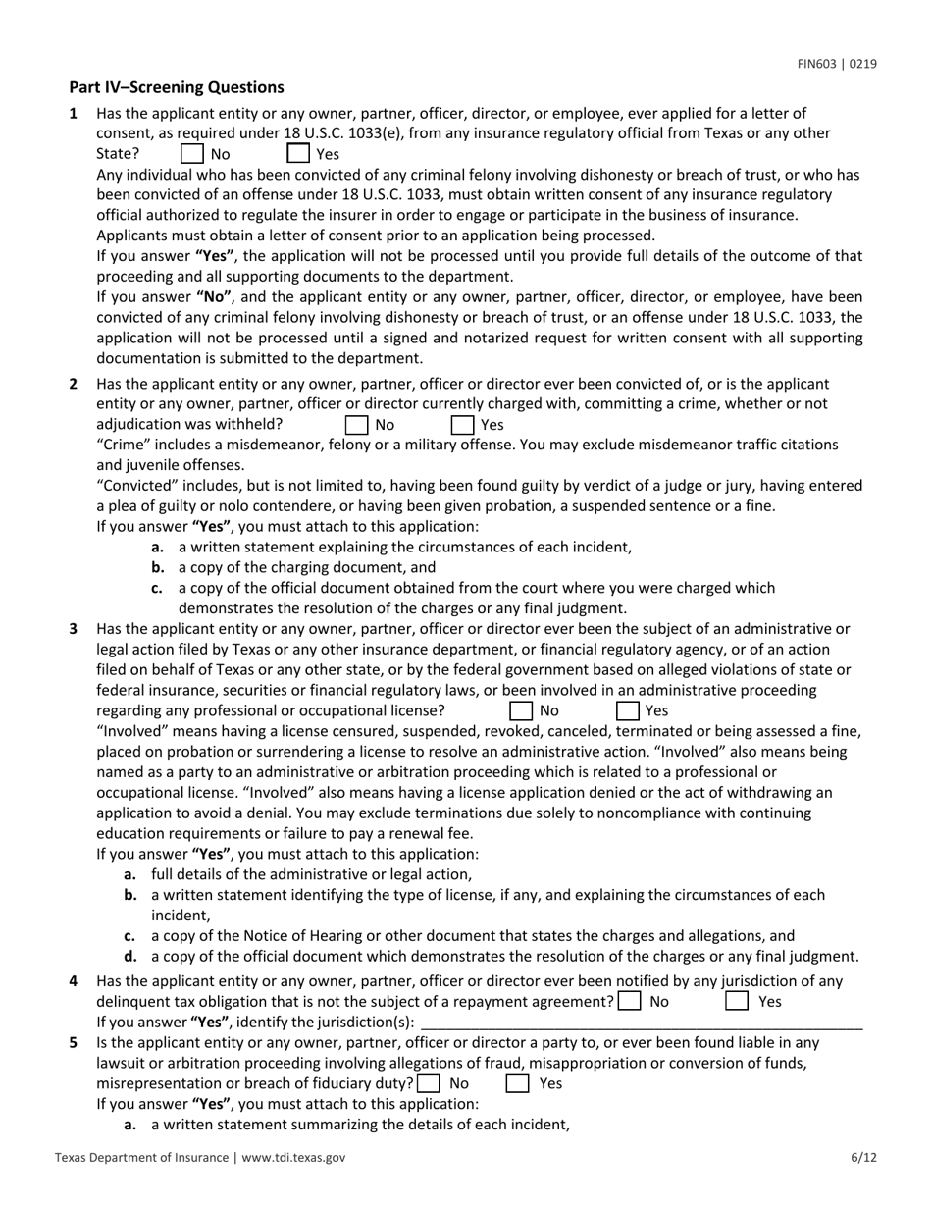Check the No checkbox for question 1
(193, 154)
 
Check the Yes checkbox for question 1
(298, 154)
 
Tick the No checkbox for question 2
(358, 425)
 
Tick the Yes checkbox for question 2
(463, 425)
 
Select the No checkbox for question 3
(522, 710)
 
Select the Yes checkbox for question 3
(628, 710)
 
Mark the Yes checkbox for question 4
(737, 1002)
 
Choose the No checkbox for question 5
(428, 1084)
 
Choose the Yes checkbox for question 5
(517, 1084)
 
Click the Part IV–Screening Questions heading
(177, 87)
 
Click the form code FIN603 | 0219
(836, 65)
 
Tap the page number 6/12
(863, 1158)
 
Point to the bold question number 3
(74, 629)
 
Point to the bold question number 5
(74, 1043)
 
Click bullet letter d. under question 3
(130, 957)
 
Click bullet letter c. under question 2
(157, 588)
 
